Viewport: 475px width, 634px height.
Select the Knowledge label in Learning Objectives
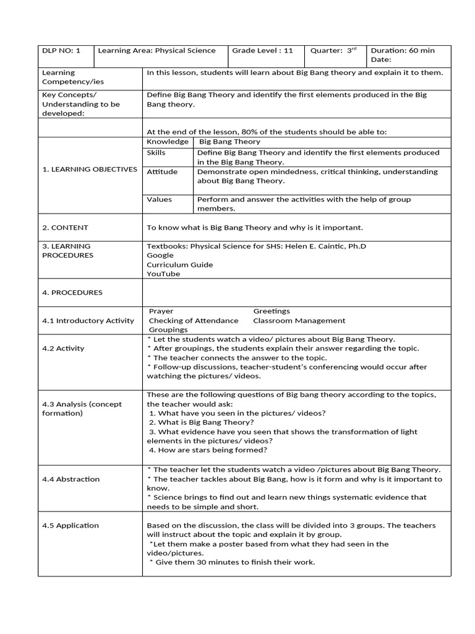click(168, 142)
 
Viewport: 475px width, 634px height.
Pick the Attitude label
click(162, 172)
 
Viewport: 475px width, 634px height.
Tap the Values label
click(160, 199)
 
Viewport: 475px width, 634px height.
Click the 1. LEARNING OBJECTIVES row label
click(90, 169)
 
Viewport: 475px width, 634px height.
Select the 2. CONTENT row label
click(65, 227)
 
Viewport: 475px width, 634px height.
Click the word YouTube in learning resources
click(163, 274)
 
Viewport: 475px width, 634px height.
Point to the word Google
click(160, 255)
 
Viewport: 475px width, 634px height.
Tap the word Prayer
click(161, 311)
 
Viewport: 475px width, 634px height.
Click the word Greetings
click(272, 311)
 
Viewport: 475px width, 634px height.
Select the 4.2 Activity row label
click(63, 348)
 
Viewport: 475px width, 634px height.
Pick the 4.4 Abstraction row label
click(71, 479)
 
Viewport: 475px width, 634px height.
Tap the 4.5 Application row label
click(70, 525)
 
